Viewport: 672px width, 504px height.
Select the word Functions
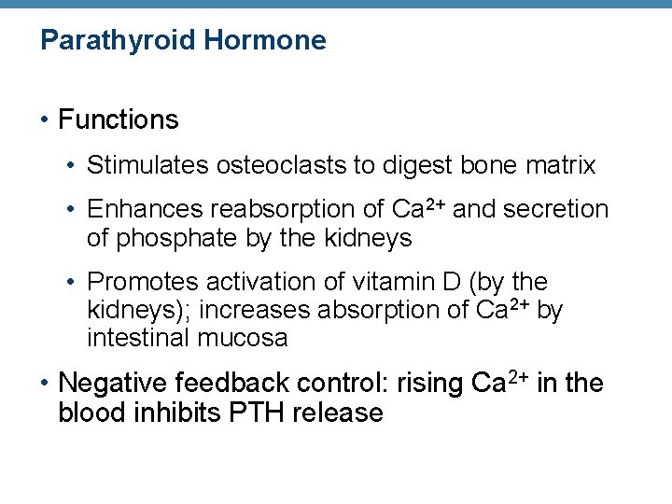click(x=118, y=119)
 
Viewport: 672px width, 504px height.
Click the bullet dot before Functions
click(x=46, y=120)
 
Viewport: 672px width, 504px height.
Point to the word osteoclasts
click(x=269, y=165)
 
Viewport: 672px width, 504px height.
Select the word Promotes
click(x=143, y=282)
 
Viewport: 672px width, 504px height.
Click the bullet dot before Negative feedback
click(x=46, y=384)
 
